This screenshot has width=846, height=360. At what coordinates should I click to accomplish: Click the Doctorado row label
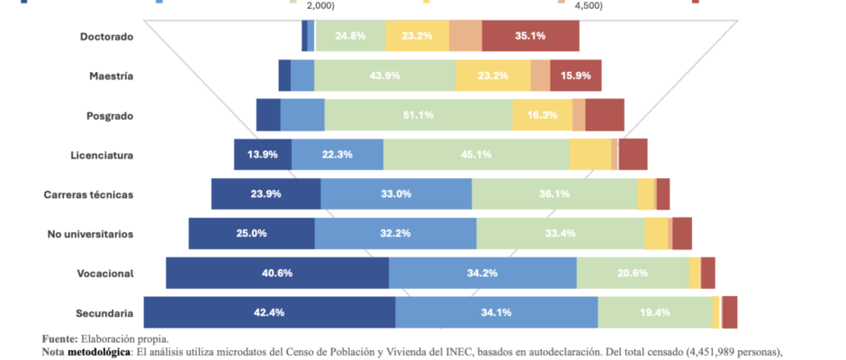[106, 37]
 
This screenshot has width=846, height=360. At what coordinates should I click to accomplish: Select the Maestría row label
[112, 76]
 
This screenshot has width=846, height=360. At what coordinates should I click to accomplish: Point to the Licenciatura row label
[102, 156]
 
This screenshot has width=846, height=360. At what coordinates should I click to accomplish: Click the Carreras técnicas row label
[88, 194]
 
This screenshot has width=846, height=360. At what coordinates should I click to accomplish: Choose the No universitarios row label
[90, 234]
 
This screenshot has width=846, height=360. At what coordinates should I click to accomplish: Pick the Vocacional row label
[104, 274]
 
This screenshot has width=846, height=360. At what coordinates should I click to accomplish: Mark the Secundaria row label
[103, 313]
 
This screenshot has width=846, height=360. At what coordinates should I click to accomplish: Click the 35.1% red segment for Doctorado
[530, 37]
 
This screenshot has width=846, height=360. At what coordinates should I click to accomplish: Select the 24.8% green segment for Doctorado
[349, 37]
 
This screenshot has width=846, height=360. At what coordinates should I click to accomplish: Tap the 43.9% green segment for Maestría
[385, 76]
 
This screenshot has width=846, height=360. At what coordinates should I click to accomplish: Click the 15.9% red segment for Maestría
[575, 76]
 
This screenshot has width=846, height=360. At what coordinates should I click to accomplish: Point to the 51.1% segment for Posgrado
[418, 115]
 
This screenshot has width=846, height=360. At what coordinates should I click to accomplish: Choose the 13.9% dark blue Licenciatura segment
[263, 155]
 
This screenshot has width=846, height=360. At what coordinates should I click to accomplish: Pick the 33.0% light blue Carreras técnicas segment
[396, 194]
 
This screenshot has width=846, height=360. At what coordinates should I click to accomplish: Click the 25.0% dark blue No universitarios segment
[252, 234]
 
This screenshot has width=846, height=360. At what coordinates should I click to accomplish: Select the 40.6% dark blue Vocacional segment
[277, 273]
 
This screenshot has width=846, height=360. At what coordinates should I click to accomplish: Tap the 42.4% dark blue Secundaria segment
[269, 312]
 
